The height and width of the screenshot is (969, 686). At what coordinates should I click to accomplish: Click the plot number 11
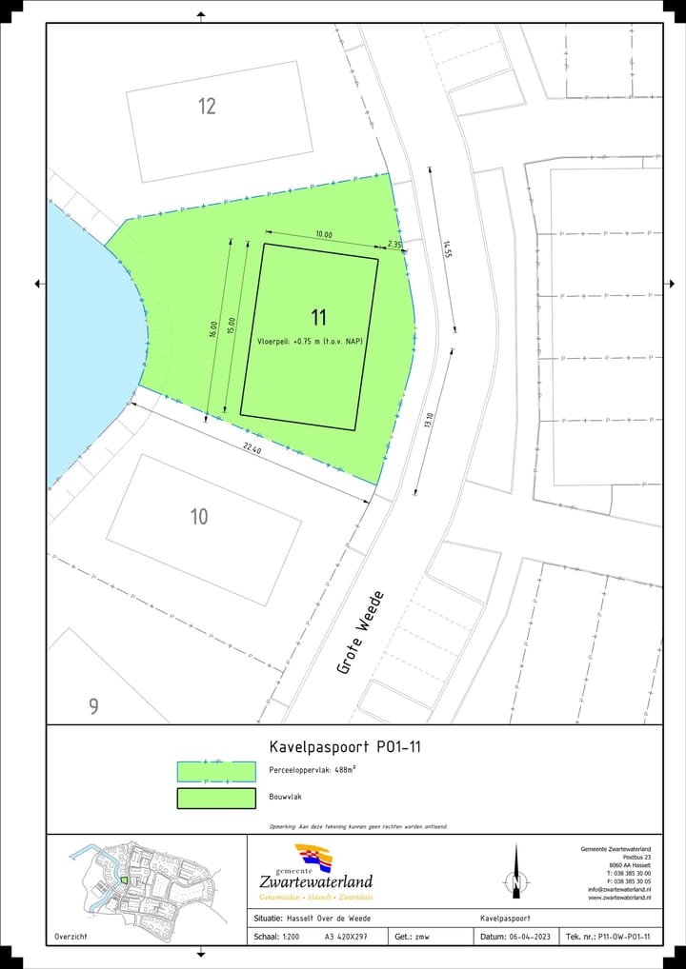pos(319,317)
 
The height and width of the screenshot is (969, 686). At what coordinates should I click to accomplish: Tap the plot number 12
pos(207,106)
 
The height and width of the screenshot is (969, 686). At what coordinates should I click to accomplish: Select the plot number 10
pos(199,517)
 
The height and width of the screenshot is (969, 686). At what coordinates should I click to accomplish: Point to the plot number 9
pos(93,706)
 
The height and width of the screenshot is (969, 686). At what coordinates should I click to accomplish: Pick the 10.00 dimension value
pos(324,234)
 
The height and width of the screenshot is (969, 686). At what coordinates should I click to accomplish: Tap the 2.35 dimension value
pos(394,245)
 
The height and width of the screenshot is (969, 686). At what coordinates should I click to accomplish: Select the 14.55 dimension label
pos(446,248)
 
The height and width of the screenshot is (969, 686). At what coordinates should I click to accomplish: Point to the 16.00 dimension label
pos(213,329)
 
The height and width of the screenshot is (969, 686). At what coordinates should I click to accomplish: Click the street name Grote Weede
pos(361,633)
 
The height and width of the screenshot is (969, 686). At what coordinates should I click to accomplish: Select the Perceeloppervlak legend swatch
pos(216,771)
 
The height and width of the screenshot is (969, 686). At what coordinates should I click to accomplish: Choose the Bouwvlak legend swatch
pos(216,799)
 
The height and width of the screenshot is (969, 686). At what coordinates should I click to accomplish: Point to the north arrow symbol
pos(515,872)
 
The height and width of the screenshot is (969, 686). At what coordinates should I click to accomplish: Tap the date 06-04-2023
pos(531,938)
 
